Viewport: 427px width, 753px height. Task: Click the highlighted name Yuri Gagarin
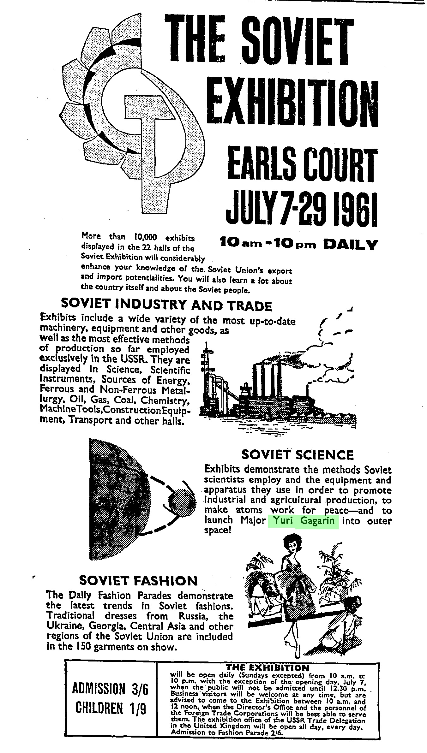[x=303, y=520]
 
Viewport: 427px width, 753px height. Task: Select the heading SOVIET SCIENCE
[x=298, y=455]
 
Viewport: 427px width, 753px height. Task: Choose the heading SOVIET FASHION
[x=138, y=580]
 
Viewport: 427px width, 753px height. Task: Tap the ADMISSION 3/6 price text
[x=110, y=689]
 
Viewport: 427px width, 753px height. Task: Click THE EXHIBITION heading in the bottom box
[x=267, y=668]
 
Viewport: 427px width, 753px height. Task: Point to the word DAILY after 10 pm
[x=351, y=245]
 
